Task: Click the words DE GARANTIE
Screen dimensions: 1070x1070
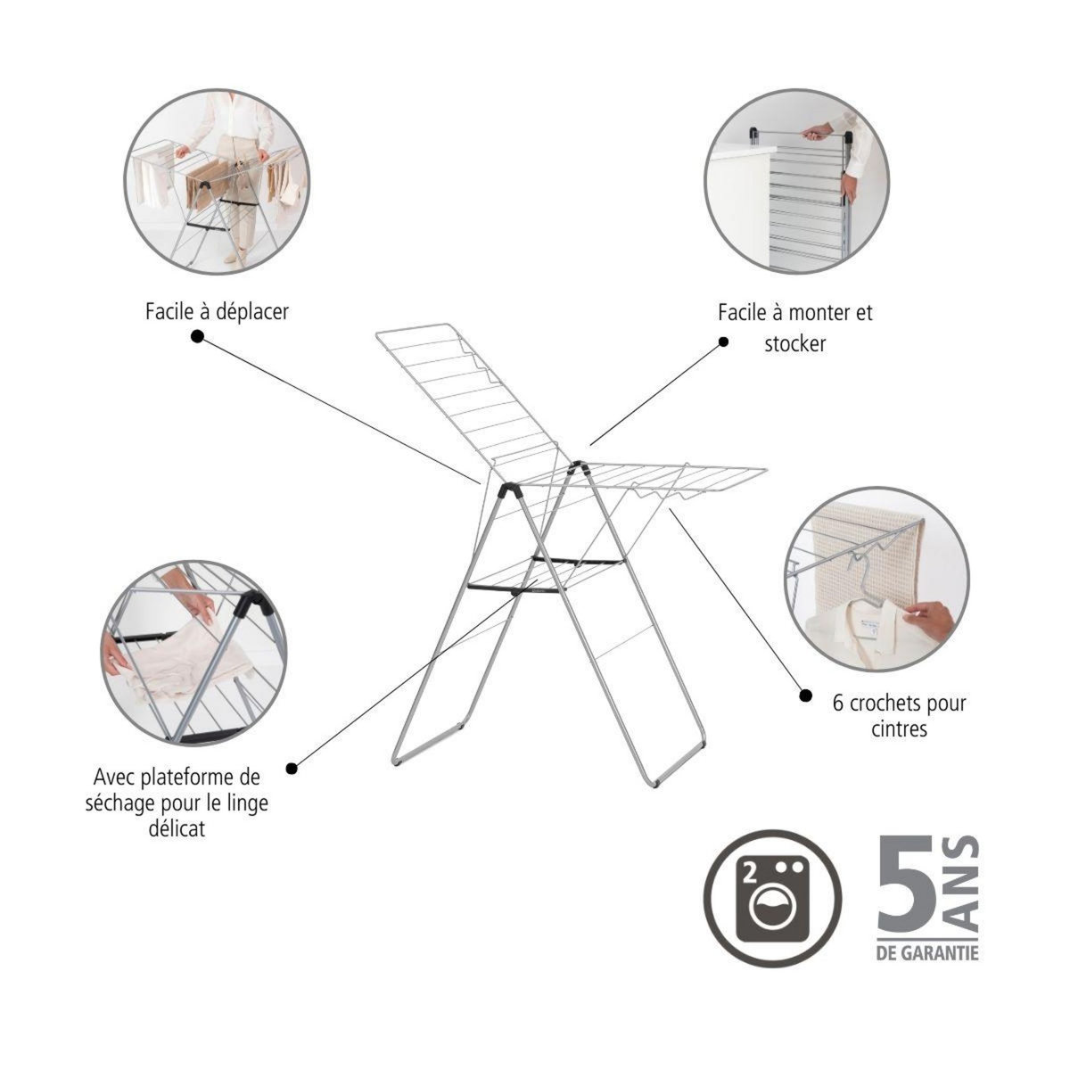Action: (x=926, y=952)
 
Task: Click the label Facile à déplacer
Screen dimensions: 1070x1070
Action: (x=217, y=312)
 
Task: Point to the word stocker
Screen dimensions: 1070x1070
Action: (x=794, y=343)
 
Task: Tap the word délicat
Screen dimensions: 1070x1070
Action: (x=176, y=828)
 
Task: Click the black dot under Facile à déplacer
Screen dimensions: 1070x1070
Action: (x=197, y=336)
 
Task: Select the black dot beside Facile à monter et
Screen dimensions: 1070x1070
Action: (x=723, y=342)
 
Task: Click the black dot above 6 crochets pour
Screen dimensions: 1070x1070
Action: (x=805, y=695)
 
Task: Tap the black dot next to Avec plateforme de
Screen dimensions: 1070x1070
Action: (x=292, y=768)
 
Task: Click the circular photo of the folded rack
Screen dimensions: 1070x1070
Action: (x=796, y=181)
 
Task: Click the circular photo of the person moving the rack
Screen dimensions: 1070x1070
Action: (x=217, y=181)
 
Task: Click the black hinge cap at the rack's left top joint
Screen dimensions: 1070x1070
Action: (x=511, y=490)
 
